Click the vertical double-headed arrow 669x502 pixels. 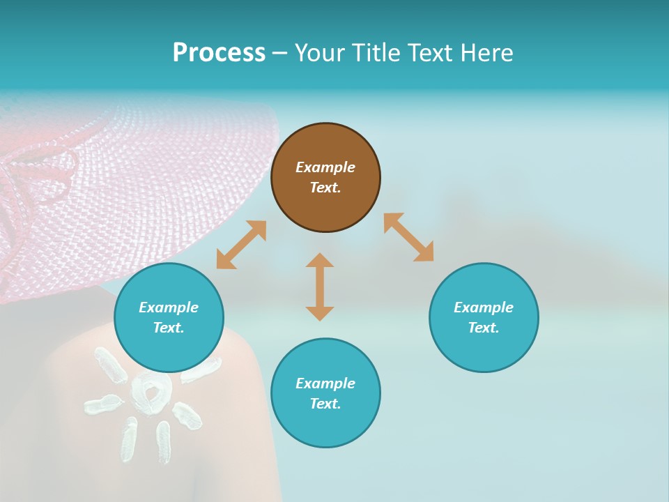(x=320, y=287)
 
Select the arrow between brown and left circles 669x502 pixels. (x=241, y=245)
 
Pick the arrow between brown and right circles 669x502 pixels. (x=408, y=237)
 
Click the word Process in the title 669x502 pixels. (x=219, y=53)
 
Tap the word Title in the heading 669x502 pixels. (x=377, y=53)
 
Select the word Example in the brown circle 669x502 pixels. (x=325, y=167)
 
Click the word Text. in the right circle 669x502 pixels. (x=484, y=328)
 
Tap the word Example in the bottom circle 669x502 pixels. (x=325, y=383)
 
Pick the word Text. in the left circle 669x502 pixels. (x=169, y=328)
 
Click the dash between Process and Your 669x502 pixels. (x=279, y=53)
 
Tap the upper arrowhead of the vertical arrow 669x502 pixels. (x=320, y=261)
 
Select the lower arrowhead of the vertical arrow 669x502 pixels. (x=320, y=313)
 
